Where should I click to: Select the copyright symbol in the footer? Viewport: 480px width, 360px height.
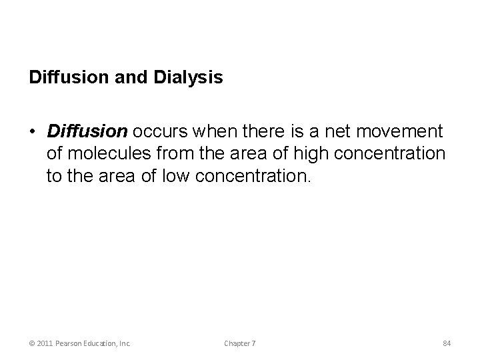click(33, 343)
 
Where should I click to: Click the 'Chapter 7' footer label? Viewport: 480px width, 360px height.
click(240, 343)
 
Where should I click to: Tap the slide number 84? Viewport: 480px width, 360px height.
click(447, 343)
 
